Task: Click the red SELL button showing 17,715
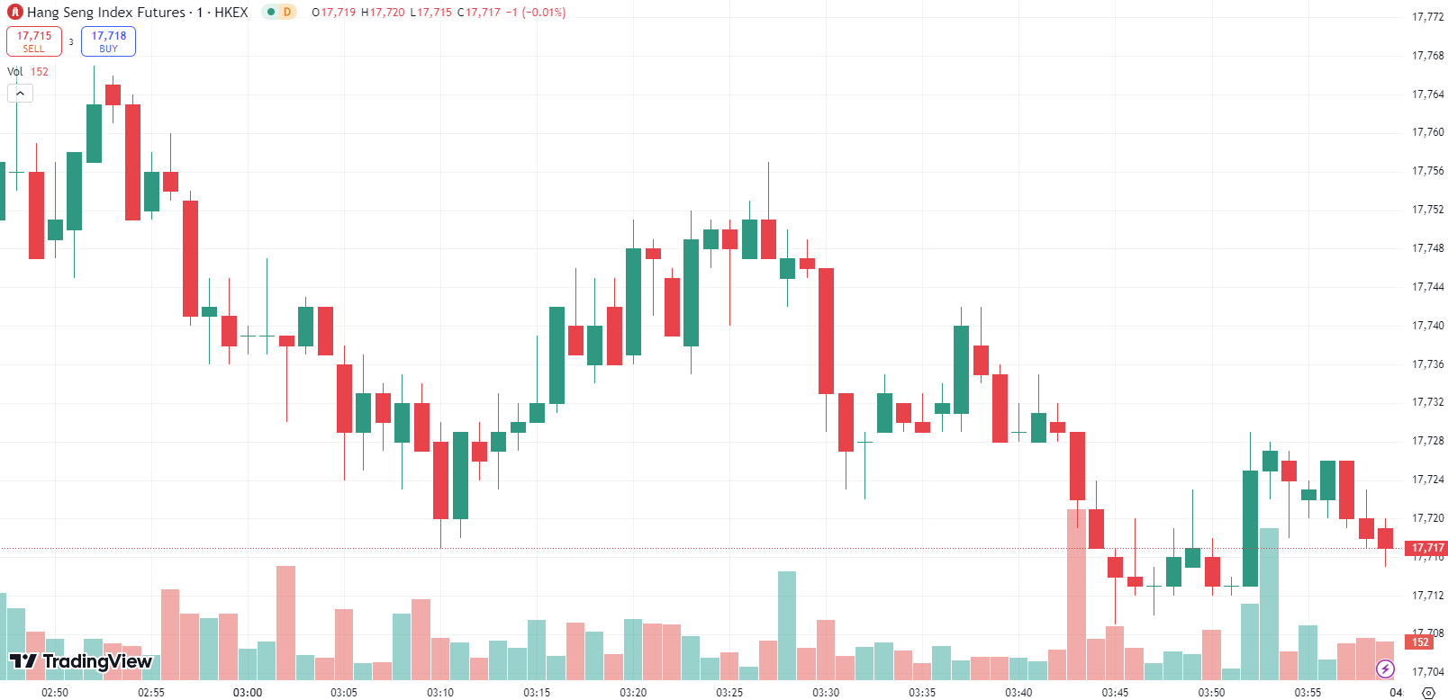tap(34, 41)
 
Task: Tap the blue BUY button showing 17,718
tap(108, 41)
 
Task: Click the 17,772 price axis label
tap(1427, 17)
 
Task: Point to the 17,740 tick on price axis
tap(1427, 326)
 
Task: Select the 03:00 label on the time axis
tap(248, 692)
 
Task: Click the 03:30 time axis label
tap(826, 692)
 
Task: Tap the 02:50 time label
tap(55, 692)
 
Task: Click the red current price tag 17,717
tap(1427, 548)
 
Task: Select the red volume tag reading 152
tap(1420, 642)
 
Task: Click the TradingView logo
tap(81, 662)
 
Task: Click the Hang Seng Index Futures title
tap(105, 13)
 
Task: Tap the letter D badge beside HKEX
tap(287, 13)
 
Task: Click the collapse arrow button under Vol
tap(20, 93)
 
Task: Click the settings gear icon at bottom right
tap(1428, 693)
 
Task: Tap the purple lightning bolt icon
tap(1385, 669)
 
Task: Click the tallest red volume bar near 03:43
tap(1076, 594)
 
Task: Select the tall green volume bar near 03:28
tap(787, 625)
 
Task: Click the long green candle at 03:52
tap(1250, 528)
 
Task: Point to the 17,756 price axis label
tap(1427, 171)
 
